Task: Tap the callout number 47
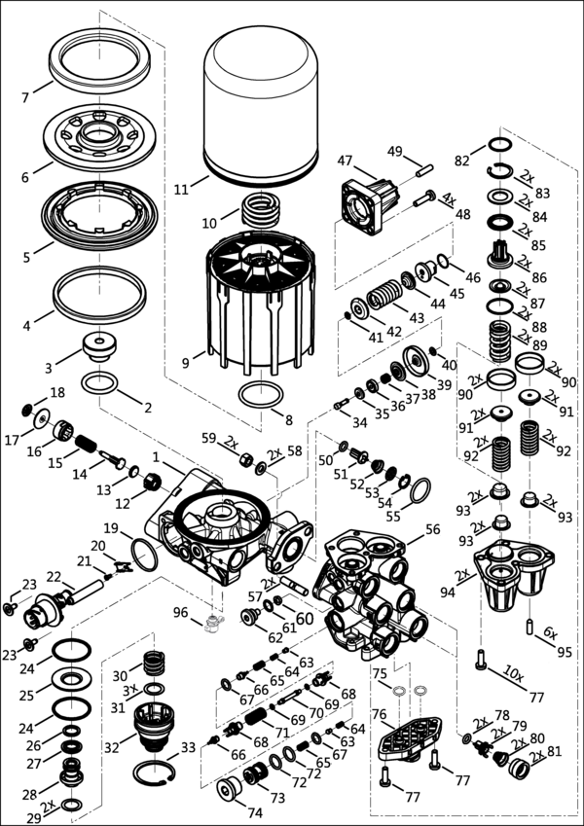pyautogui.click(x=345, y=161)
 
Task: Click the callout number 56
pyautogui.click(x=432, y=529)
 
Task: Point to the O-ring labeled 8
pyautogui.click(x=260, y=397)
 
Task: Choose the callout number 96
pyautogui.click(x=179, y=612)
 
